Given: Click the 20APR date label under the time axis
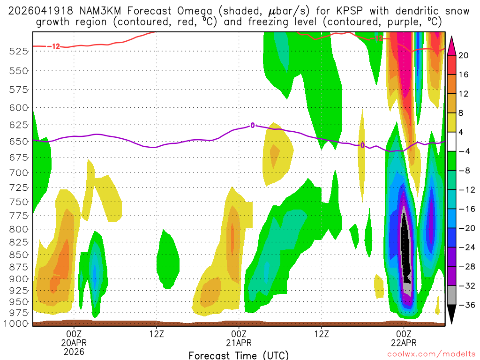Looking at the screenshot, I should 75,342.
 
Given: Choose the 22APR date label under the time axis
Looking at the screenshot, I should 404,342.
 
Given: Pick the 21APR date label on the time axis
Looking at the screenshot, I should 239,342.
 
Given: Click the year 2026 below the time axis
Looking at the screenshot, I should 75,351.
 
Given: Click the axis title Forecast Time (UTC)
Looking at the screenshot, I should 239,355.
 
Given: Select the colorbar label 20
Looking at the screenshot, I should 464,55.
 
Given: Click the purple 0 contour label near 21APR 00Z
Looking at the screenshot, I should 253,125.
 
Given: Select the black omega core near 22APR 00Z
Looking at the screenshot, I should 406,248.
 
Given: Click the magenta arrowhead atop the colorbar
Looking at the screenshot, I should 452,45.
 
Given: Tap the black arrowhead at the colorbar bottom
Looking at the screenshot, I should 452,315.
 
